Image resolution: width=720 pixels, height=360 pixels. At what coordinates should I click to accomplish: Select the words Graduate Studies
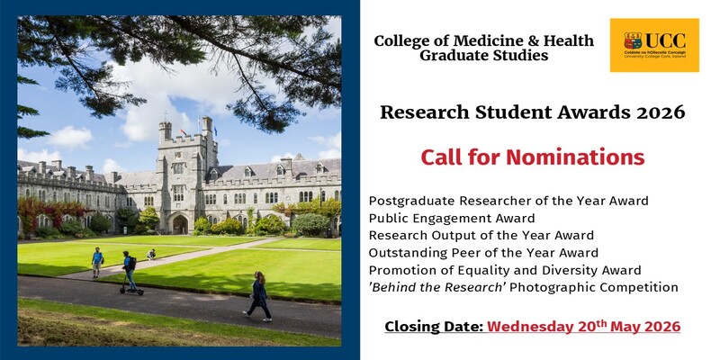pyautogui.click(x=483, y=56)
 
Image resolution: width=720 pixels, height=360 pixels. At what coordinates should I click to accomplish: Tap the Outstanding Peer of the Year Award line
pyautogui.click(x=483, y=252)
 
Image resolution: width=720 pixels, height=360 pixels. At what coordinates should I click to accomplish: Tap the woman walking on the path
pyautogui.click(x=259, y=295)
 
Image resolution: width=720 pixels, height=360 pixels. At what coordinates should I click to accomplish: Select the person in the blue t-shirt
pyautogui.click(x=97, y=262)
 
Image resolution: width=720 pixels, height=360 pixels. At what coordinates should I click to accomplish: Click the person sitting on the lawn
pyautogui.click(x=151, y=255)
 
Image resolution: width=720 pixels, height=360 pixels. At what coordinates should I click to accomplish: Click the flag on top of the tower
pyautogui.click(x=214, y=129)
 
